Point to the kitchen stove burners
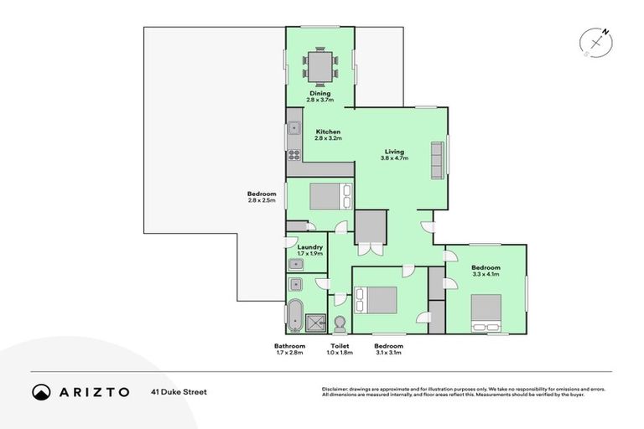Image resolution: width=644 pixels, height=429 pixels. (x=294, y=154)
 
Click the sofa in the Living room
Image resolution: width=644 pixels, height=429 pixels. (x=437, y=159)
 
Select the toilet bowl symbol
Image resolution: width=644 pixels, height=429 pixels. (x=340, y=323)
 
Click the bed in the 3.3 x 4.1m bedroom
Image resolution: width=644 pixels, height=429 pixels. (x=485, y=311)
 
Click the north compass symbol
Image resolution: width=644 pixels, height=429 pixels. (x=595, y=42)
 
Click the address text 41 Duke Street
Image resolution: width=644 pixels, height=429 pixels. (x=179, y=392)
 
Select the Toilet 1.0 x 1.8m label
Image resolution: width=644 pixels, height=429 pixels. (x=340, y=349)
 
